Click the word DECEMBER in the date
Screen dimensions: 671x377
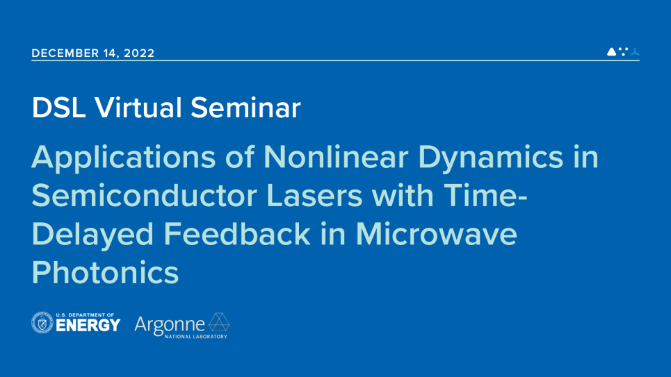pyautogui.click(x=65, y=53)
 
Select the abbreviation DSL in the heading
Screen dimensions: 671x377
pyautogui.click(x=58, y=108)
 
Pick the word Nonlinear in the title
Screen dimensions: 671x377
pyautogui.click(x=336, y=157)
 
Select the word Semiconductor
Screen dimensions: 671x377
pyautogui.click(x=144, y=196)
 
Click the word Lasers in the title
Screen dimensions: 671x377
pyautogui.click(x=314, y=196)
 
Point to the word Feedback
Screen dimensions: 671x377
pyautogui.click(x=237, y=234)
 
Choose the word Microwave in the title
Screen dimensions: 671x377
pyautogui.click(x=437, y=234)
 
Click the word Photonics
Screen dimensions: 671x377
pyautogui.click(x=105, y=272)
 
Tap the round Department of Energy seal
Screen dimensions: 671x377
pyautogui.click(x=42, y=322)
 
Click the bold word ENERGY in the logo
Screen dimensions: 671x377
pyautogui.click(x=88, y=326)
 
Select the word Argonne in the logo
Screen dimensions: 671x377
pyautogui.click(x=170, y=326)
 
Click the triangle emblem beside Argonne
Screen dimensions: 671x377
pyautogui.click(x=219, y=322)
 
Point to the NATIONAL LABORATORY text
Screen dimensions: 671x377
pyautogui.click(x=196, y=337)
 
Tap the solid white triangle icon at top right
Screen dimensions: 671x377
pyautogui.click(x=612, y=51)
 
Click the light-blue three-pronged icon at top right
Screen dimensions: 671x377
pyautogui.click(x=635, y=51)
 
